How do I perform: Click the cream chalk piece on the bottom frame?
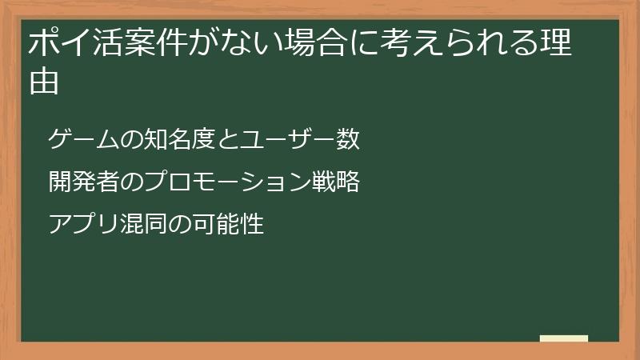click(564, 339)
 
